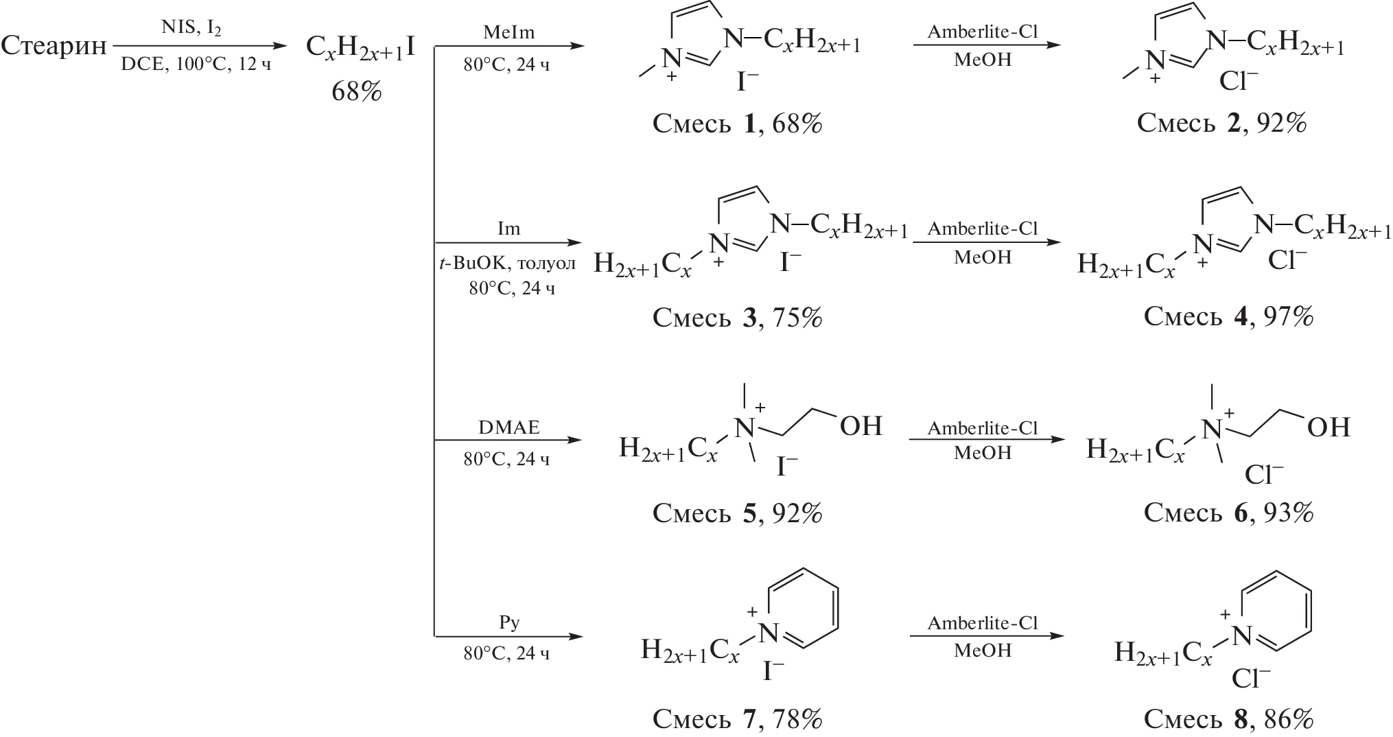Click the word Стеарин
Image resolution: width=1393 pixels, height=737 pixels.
54,47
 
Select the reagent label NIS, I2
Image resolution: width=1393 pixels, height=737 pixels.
196,28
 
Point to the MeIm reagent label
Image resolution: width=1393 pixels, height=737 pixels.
508,33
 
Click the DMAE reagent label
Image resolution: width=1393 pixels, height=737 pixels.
508,428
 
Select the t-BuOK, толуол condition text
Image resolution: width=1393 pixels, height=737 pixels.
508,264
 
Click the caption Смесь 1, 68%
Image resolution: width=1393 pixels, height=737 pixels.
737,124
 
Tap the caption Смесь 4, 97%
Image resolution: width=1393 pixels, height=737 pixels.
1228,317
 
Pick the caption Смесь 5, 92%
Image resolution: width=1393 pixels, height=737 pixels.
737,513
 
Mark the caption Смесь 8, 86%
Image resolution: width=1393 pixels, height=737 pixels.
1228,719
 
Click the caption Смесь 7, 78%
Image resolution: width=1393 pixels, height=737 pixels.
737,719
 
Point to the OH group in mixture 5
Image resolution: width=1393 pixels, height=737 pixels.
861,426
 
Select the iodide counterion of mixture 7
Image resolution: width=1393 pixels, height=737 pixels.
773,670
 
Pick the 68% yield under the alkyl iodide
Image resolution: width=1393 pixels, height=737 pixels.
356,91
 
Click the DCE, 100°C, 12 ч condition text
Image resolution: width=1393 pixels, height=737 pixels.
196,66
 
